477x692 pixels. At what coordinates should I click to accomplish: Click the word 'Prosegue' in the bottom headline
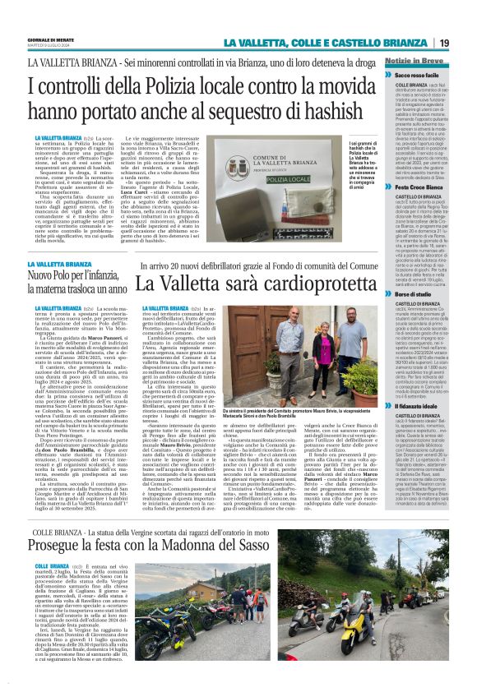81,519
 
